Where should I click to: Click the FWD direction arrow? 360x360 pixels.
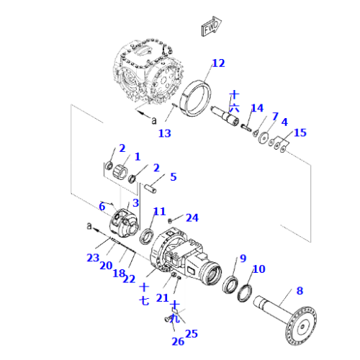[210, 28]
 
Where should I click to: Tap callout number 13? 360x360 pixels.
[164, 132]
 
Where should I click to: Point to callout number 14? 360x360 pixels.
[257, 108]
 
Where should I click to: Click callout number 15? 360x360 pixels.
[300, 132]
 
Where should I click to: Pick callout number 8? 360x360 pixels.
[300, 292]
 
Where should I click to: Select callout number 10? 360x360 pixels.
[258, 269]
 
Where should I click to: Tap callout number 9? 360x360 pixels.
[243, 258]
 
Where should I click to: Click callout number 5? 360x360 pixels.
[173, 176]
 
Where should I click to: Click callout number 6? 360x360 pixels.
[102, 207]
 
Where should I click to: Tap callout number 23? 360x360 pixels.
[92, 258]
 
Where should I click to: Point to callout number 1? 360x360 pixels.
[137, 156]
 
